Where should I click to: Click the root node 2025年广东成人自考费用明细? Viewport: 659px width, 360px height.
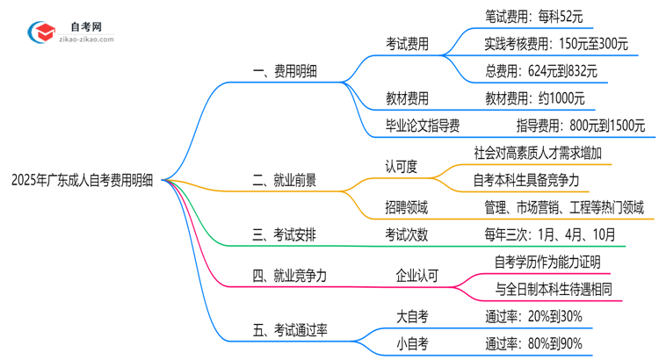point(82,181)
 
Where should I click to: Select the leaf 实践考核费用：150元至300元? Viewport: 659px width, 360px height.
point(556,43)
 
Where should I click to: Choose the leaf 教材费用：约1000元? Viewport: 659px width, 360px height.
point(534,98)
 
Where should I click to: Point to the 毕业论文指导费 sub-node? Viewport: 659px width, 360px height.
point(423,126)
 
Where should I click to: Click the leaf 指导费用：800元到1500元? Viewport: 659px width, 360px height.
point(580,126)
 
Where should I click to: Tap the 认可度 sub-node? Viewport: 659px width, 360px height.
point(401,166)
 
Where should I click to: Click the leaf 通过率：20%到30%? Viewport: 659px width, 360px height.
point(534,316)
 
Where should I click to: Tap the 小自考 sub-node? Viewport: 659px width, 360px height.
point(414,343)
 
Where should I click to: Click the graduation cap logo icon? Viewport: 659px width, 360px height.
point(41,32)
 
